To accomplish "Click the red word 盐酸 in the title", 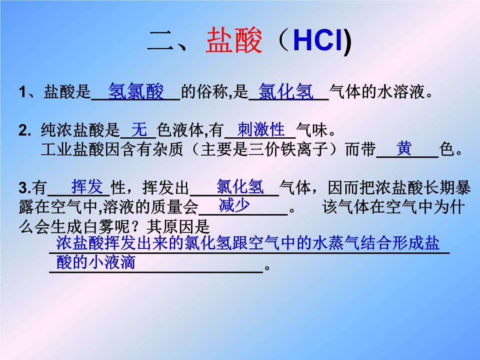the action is coord(234,40).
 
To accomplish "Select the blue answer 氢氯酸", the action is coord(136,91).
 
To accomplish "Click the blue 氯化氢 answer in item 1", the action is coord(286,91).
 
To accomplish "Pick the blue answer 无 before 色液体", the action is coord(139,129).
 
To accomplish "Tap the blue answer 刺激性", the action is coord(261,129).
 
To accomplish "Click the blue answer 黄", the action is coord(404,149).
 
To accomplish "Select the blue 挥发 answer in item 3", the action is coord(87,187).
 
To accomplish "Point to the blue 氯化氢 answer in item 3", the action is coord(240,187).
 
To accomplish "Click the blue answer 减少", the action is coord(234,205).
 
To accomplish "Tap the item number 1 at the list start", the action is coord(23,92).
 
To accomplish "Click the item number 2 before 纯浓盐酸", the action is coord(24,130).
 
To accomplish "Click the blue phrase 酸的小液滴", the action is coord(96,262).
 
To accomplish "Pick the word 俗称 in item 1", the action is coord(212,91).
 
